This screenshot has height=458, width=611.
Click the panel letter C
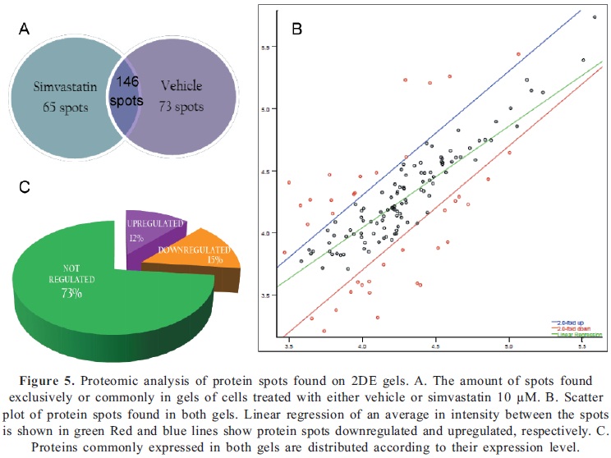(25, 187)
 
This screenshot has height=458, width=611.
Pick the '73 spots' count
(183, 106)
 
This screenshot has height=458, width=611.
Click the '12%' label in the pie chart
(136, 238)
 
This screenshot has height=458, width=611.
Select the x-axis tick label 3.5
(288, 347)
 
